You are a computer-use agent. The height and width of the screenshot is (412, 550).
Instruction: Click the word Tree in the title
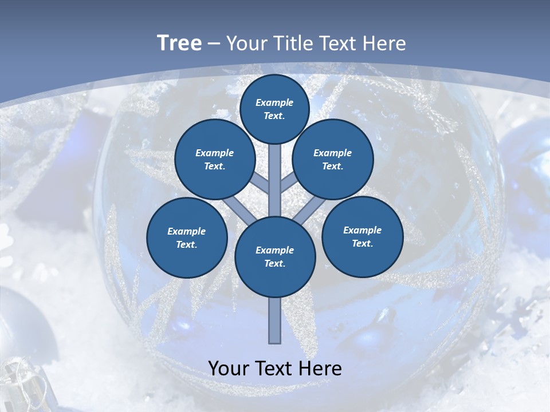[x=179, y=43]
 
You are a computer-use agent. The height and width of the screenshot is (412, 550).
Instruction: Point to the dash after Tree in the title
[x=214, y=44]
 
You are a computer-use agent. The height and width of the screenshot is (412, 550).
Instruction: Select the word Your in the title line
[x=247, y=43]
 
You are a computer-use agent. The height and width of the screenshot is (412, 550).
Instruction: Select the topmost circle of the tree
[x=274, y=109]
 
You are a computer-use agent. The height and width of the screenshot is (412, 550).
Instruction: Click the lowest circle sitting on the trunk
[x=275, y=257]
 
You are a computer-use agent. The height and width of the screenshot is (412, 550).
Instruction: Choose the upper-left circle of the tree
[x=215, y=160]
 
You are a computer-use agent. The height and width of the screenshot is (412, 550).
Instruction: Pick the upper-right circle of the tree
[x=333, y=160]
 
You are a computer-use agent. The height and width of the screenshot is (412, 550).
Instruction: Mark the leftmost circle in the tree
[x=187, y=238]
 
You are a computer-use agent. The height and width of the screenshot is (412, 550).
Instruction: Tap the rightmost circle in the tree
[x=362, y=237]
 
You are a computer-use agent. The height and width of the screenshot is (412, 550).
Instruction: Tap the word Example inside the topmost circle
[x=274, y=102]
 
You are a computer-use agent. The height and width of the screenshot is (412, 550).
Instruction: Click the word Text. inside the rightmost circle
[x=362, y=244]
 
